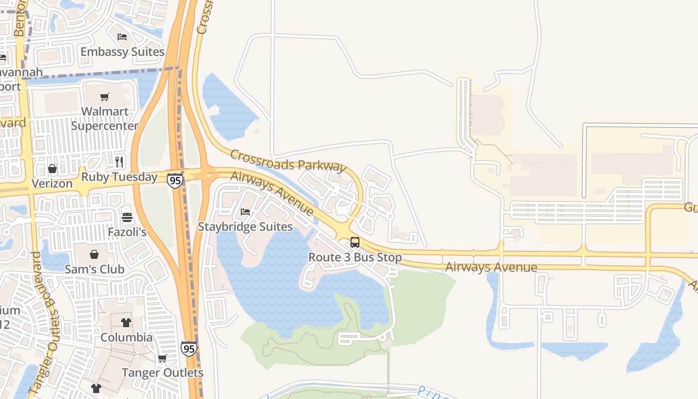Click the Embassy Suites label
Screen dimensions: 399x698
coord(122,51)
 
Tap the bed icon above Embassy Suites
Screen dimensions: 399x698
coord(122,37)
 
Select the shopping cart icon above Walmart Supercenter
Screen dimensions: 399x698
coord(104,97)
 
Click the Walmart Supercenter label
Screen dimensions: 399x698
coord(105,119)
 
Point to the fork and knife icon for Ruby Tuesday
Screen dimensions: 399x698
coord(119,162)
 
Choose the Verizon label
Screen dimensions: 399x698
coord(52,184)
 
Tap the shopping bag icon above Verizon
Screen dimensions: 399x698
coord(52,169)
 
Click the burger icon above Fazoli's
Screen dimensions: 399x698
coord(127,217)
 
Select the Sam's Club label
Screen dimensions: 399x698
coord(94,269)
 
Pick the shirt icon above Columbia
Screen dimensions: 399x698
coord(126,323)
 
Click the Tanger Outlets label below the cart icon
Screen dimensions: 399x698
coord(163,373)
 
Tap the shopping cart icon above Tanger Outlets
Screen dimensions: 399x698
coord(162,358)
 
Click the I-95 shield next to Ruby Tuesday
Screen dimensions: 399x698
coord(174,180)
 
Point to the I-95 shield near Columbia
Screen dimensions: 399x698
coord(188,348)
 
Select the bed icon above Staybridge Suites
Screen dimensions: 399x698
coord(245,212)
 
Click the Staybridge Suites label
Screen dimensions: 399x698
coord(245,227)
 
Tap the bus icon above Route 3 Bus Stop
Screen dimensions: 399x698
coord(355,242)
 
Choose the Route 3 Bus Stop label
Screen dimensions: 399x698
coord(355,258)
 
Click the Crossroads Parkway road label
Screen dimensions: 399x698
coord(288,160)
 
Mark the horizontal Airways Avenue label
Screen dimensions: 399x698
coord(491,267)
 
